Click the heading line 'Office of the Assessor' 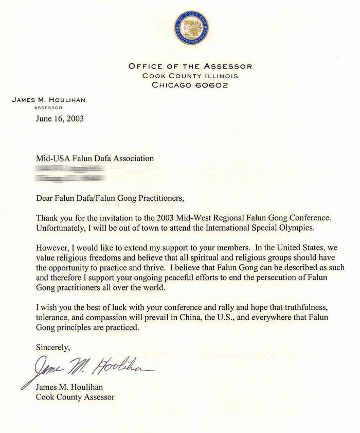click(190, 66)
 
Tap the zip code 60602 click(209, 85)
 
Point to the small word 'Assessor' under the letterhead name click(48, 108)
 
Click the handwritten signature click(87, 367)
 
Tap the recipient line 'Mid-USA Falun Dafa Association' click(95, 159)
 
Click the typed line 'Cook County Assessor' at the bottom click(75, 397)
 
